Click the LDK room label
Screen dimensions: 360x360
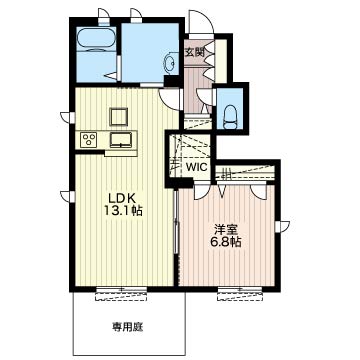[120, 199]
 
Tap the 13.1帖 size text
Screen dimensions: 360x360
[123, 211]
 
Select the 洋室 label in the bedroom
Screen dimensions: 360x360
[224, 230]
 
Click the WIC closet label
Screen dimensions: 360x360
[197, 167]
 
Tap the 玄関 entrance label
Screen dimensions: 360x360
[194, 52]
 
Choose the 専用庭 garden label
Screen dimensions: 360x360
[127, 328]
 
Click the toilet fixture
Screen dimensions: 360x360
[230, 117]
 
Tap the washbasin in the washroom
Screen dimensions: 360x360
[170, 62]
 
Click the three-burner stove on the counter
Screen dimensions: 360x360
[89, 139]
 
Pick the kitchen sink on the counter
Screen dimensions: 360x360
[121, 139]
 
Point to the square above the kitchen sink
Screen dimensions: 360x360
[118, 117]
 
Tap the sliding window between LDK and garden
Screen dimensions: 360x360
[121, 294]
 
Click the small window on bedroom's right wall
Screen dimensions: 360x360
[282, 226]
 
